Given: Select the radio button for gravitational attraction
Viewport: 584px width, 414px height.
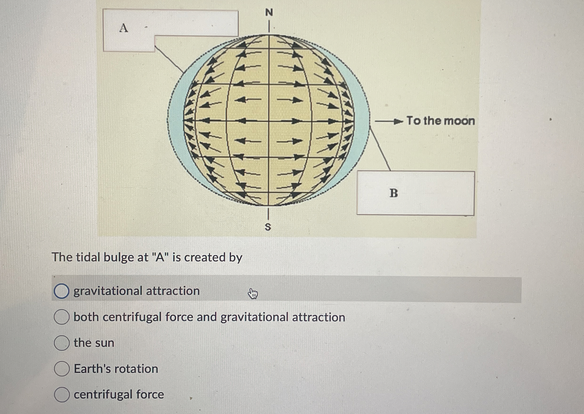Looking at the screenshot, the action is pyautogui.click(x=61, y=291).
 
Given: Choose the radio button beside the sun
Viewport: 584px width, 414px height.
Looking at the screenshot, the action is pyautogui.click(x=61, y=343).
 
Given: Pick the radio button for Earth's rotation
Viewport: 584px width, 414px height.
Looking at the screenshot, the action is pyautogui.click(x=61, y=369).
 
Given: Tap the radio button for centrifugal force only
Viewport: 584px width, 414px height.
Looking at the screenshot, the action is pyautogui.click(x=61, y=394).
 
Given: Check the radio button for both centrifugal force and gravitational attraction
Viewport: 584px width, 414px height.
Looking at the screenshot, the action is pyautogui.click(x=61, y=317).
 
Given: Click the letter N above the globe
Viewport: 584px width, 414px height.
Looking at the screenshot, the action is pyautogui.click(x=269, y=12).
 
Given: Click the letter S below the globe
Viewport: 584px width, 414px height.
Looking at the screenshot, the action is pyautogui.click(x=268, y=227).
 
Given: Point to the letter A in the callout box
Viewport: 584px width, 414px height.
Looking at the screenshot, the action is pyautogui.click(x=124, y=28).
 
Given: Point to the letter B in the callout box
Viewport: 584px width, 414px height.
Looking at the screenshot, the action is pyautogui.click(x=394, y=193).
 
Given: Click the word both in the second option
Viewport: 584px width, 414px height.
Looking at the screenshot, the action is pyautogui.click(x=86, y=317).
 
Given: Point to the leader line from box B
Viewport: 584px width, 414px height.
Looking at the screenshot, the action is pyautogui.click(x=380, y=149).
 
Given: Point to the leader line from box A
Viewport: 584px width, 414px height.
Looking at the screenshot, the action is pyautogui.click(x=169, y=59).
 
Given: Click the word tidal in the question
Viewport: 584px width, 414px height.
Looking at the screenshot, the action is pyautogui.click(x=88, y=257).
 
